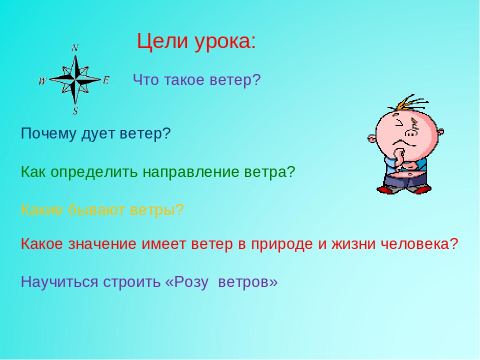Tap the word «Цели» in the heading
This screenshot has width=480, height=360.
pos(162,41)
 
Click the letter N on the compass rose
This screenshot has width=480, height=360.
pos(75,48)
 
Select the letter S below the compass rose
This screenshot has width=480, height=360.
pos(75,110)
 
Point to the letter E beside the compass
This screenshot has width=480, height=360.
pos(105,80)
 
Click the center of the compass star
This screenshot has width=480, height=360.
pos(75,79)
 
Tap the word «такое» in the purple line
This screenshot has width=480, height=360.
pos(184,80)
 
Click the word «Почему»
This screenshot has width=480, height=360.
pos(48,134)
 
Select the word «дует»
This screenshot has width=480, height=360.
pos(98,134)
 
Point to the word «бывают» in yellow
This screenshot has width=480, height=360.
pos(96,210)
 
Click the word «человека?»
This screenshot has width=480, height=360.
pos(419,244)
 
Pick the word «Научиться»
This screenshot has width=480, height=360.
pos(59,282)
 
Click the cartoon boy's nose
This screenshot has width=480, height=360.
pos(411,133)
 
